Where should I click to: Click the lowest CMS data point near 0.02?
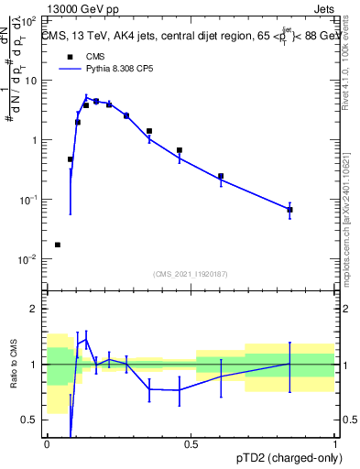pos(58,245)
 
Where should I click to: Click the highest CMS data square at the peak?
pos(96,101)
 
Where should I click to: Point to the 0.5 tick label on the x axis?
pos(191,444)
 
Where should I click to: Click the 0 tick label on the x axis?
pos(47,444)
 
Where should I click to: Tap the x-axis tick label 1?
pos(335,444)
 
